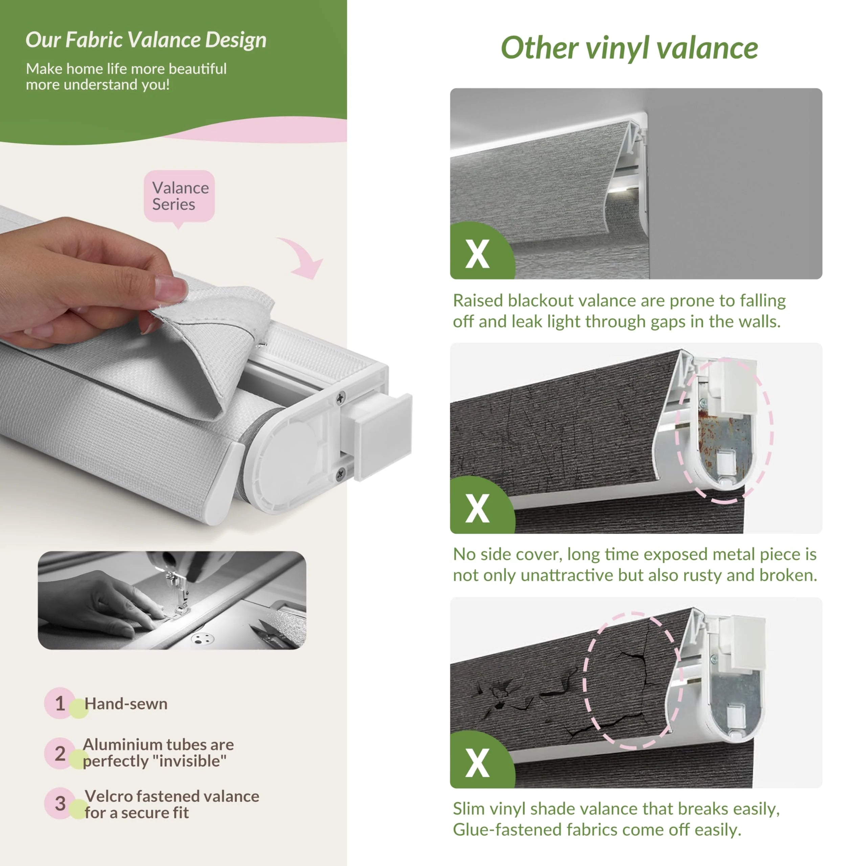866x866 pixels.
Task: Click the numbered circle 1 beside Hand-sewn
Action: [60, 703]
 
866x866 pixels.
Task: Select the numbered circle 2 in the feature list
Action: [60, 753]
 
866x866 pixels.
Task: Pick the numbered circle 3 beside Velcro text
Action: [60, 803]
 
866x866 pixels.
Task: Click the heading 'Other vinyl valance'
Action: [629, 48]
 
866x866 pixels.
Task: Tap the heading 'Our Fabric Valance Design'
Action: [146, 40]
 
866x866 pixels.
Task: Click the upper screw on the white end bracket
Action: [341, 397]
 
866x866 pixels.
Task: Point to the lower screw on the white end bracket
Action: [341, 473]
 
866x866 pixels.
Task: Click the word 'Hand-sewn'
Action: [126, 704]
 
